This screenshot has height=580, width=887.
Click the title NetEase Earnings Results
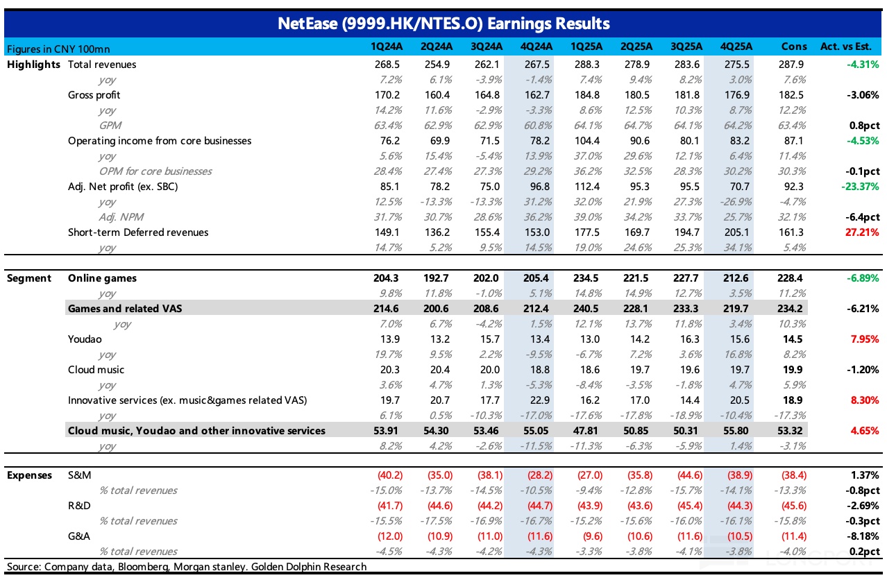click(x=443, y=24)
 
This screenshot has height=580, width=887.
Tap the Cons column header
click(x=793, y=46)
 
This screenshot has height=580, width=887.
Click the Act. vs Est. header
click(x=850, y=46)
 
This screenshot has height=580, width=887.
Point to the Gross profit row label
click(x=94, y=95)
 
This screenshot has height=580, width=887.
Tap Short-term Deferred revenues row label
click(x=138, y=232)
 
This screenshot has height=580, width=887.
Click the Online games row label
click(x=102, y=278)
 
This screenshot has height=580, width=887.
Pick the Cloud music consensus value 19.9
click(x=793, y=370)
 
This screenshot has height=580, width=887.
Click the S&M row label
click(x=80, y=475)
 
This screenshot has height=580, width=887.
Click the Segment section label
click(x=29, y=278)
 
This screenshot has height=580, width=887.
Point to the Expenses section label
click(x=29, y=475)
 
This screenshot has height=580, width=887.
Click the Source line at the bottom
click(x=186, y=567)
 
